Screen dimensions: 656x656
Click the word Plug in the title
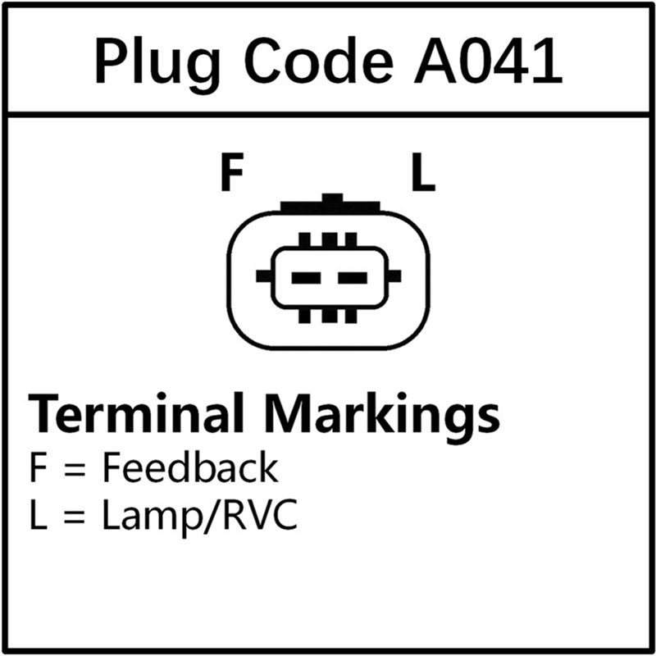tap(157, 65)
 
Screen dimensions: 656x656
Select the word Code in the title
tap(318, 61)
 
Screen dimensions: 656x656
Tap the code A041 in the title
tap(488, 61)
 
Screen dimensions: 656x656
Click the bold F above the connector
tap(232, 172)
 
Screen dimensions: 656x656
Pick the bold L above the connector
tap(423, 172)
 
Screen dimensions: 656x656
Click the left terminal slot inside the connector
tap(306, 278)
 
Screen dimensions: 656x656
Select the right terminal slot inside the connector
tap(353, 278)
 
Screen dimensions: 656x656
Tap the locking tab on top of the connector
tap(330, 204)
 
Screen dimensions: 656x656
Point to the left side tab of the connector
tap(265, 276)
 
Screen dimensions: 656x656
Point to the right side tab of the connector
tap(394, 276)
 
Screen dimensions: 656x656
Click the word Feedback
tap(191, 467)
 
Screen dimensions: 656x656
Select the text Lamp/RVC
tap(200, 515)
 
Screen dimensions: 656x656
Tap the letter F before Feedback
tap(38, 467)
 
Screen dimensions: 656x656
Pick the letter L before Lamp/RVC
tap(39, 515)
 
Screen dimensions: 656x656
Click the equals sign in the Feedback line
tap(75, 470)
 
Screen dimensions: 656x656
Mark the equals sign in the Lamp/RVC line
tap(75, 518)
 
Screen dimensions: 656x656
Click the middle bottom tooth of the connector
tap(329, 316)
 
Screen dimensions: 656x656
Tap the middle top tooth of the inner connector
tap(329, 240)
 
